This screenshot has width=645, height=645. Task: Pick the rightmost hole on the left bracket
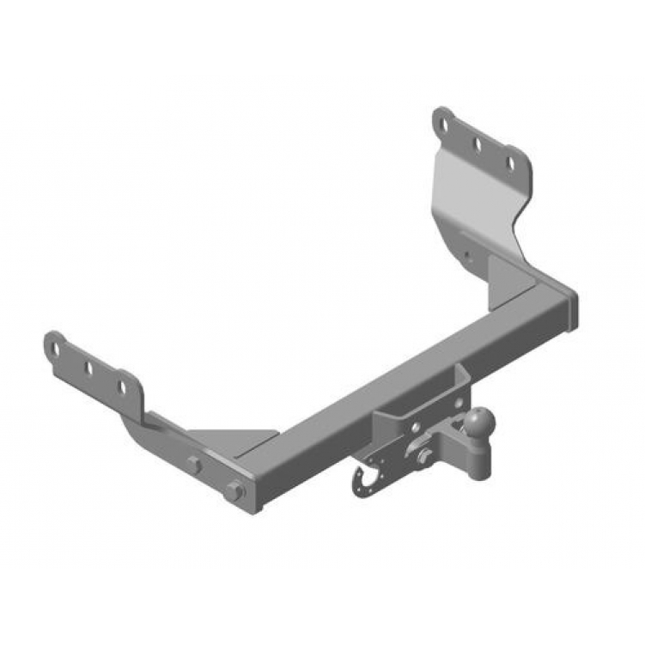pyautogui.click(x=122, y=387)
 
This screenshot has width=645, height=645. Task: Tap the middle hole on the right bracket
pyautogui.click(x=477, y=144)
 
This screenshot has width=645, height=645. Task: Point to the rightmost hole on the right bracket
pyautogui.click(x=509, y=163)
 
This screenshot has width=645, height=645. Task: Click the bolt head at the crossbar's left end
pyautogui.click(x=233, y=492)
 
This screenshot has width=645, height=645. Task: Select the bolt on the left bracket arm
pyautogui.click(x=195, y=465)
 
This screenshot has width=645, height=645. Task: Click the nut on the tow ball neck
pyautogui.click(x=423, y=457)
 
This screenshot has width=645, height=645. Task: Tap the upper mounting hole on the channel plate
pyautogui.click(x=415, y=428)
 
